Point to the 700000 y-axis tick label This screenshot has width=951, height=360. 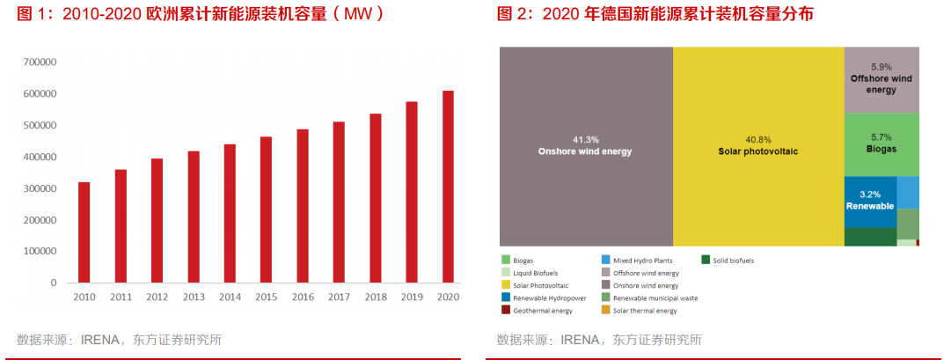[x=40, y=62]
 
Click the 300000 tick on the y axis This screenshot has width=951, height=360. [x=40, y=188]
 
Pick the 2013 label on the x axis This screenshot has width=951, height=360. [x=193, y=298]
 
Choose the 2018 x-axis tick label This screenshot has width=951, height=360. [x=375, y=298]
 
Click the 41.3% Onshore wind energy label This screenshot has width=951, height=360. [x=585, y=146]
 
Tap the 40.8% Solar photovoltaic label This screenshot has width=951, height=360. [x=757, y=146]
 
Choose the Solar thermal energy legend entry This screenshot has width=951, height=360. [x=645, y=311]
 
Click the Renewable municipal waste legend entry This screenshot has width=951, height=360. [x=655, y=298]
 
